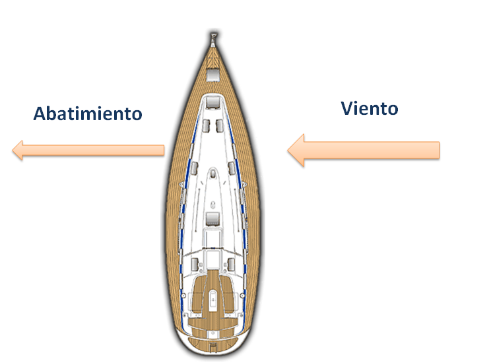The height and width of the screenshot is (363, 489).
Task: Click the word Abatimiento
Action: coord(88,114)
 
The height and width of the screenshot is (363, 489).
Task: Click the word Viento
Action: coord(370,108)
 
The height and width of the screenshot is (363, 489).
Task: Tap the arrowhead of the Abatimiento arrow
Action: coord(17,150)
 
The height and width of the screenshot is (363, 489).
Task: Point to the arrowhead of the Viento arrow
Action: coord(296,150)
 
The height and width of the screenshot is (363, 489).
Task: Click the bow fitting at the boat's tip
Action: coord(213,40)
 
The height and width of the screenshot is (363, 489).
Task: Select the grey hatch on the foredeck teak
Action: coord(213,75)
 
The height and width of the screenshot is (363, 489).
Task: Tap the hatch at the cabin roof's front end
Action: coord(213,102)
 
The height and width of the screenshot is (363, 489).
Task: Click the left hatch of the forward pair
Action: coord(206,125)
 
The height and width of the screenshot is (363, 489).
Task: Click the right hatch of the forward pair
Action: coord(220,125)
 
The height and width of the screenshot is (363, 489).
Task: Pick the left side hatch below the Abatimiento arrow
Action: coord(194,168)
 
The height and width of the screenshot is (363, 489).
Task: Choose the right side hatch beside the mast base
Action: coord(232,168)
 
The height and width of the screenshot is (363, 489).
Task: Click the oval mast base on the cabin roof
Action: coord(213,174)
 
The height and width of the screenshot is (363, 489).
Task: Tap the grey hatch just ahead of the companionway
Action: coord(212,218)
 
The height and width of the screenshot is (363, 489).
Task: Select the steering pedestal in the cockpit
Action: coord(212,300)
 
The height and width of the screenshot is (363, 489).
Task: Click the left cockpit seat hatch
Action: coord(195,265)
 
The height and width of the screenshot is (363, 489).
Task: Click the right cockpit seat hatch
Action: coord(231,265)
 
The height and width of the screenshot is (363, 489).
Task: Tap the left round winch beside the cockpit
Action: coord(183,295)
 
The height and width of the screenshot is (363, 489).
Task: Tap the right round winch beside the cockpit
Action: coord(242,295)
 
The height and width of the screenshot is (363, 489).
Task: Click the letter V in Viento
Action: coord(347,108)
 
